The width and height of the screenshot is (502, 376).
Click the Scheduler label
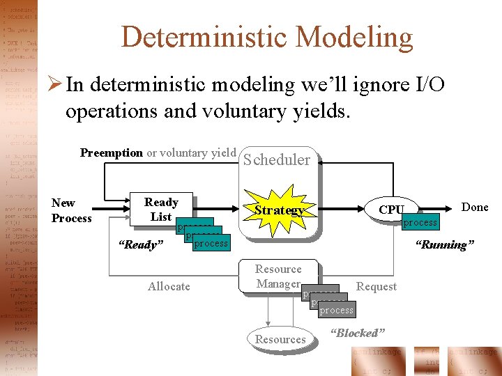(x=277, y=159)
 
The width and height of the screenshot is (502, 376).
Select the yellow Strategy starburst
(x=278, y=210)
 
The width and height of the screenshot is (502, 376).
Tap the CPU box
(x=391, y=210)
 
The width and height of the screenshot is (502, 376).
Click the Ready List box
(x=161, y=210)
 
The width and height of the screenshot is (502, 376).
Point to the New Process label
(x=71, y=210)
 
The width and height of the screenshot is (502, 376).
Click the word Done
(x=475, y=207)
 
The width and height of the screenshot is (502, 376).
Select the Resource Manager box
(x=278, y=276)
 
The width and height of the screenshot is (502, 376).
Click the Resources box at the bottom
(x=280, y=339)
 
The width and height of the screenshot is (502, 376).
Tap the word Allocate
(x=169, y=286)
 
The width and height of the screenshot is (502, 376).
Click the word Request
(x=376, y=286)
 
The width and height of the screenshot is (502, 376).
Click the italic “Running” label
(x=444, y=244)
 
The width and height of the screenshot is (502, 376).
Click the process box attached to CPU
(x=420, y=222)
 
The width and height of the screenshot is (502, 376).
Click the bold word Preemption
(x=112, y=152)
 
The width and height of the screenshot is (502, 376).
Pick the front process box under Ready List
(x=211, y=243)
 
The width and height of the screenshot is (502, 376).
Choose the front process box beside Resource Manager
(x=337, y=310)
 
